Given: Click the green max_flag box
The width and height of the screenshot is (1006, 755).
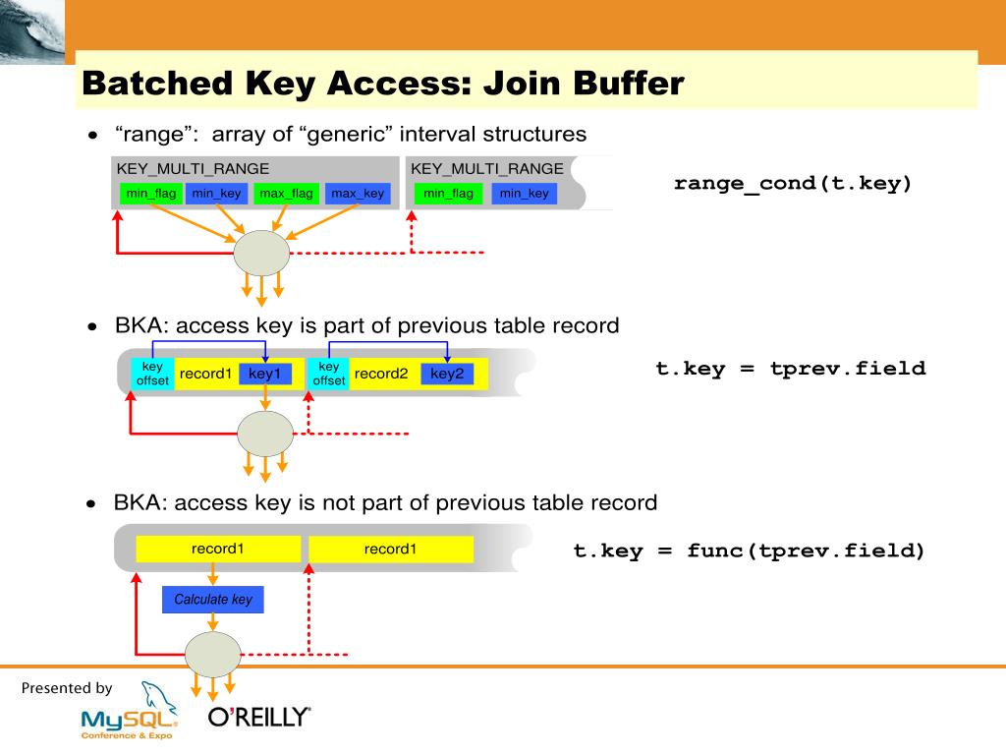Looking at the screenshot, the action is click(x=286, y=194).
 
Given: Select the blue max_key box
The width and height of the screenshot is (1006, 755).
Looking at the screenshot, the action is click(x=358, y=194).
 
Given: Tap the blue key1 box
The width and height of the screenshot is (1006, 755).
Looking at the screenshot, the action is click(x=265, y=374).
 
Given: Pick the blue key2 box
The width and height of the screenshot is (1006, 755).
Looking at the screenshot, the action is click(x=447, y=374).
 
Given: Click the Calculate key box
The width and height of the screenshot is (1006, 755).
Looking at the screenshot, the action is click(x=213, y=599).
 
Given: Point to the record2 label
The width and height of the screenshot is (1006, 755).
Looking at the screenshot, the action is click(x=381, y=374).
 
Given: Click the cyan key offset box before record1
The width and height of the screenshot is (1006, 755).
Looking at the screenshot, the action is click(x=152, y=374).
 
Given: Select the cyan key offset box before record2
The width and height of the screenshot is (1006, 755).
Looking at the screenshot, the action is click(x=328, y=374).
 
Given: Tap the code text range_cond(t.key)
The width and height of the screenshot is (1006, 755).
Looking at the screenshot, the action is click(x=793, y=184).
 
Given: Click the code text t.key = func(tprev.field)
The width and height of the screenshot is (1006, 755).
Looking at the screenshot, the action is click(x=749, y=551).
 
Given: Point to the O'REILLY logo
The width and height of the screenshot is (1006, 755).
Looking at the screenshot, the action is click(x=259, y=717).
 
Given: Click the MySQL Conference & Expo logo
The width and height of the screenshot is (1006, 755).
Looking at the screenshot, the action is click(x=130, y=712).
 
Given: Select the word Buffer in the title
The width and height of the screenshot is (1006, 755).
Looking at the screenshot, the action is click(x=629, y=84).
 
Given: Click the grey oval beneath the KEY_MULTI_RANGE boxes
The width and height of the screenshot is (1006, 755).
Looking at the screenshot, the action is click(x=261, y=253).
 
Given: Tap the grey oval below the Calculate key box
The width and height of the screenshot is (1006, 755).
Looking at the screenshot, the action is click(x=213, y=654).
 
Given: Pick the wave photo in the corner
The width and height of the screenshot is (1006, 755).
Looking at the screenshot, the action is click(x=32, y=31).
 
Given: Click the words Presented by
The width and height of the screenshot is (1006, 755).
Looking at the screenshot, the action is click(x=67, y=688).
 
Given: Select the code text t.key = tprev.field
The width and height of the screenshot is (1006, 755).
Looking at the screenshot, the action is click(x=791, y=369).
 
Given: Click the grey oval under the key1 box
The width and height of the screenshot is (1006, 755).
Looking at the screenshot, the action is click(x=265, y=434).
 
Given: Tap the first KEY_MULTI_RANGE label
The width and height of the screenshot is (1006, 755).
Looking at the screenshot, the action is click(x=193, y=169).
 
